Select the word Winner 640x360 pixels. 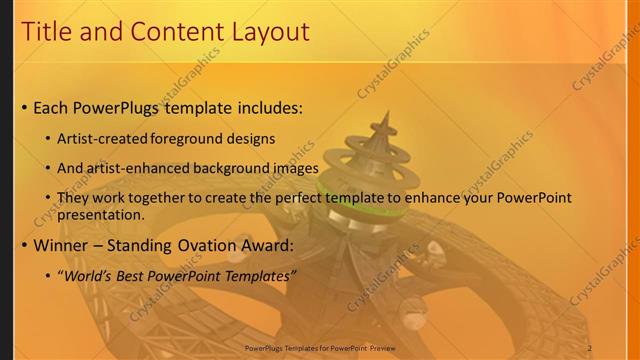[62, 245]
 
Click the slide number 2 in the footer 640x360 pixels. [590, 347]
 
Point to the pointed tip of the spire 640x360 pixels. [383, 113]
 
